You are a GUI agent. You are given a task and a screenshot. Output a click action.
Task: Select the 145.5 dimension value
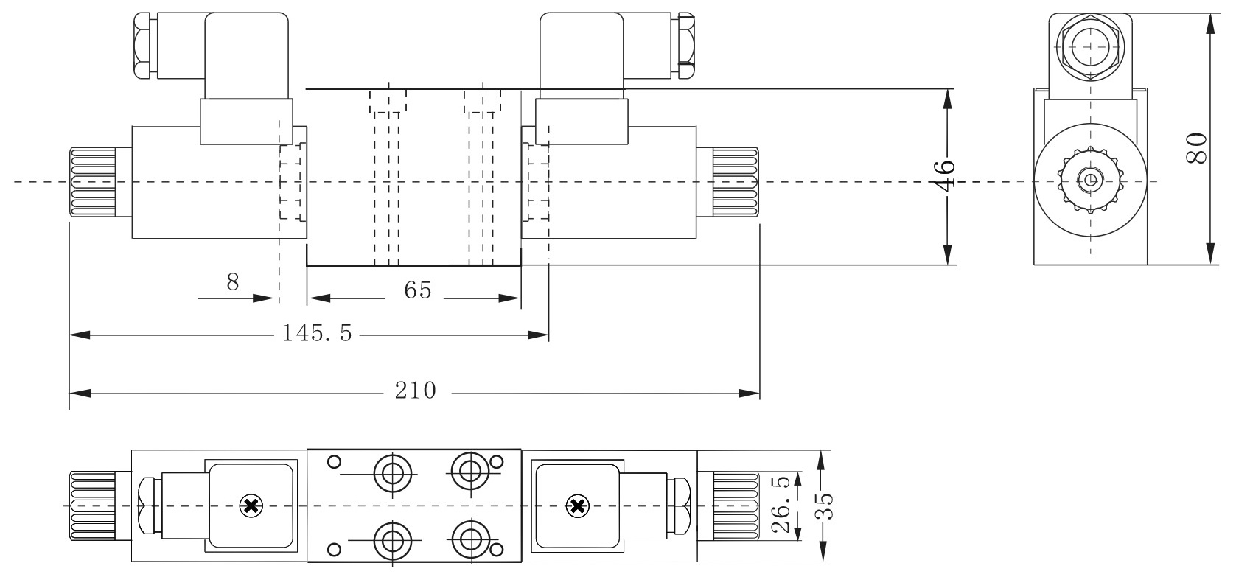click(x=317, y=335)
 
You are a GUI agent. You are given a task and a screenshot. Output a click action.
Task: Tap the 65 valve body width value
click(x=417, y=291)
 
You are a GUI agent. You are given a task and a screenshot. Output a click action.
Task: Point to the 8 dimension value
click(x=233, y=282)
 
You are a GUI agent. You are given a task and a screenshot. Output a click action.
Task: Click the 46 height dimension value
click(x=946, y=175)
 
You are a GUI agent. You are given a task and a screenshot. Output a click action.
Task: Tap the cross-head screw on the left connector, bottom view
click(x=251, y=506)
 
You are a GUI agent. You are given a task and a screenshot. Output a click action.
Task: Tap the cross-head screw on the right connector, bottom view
click(x=577, y=506)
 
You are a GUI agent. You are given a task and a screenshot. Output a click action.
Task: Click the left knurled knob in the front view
click(x=92, y=181)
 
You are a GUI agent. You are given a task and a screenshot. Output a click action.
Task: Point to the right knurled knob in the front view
click(x=735, y=181)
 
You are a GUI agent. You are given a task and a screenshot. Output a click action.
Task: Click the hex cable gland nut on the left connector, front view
click(x=147, y=46)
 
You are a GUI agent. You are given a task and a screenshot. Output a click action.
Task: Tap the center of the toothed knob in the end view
click(x=1089, y=179)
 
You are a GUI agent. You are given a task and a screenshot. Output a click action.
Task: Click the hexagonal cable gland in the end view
click(x=1089, y=46)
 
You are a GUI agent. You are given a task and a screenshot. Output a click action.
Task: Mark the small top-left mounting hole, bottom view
click(x=334, y=462)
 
